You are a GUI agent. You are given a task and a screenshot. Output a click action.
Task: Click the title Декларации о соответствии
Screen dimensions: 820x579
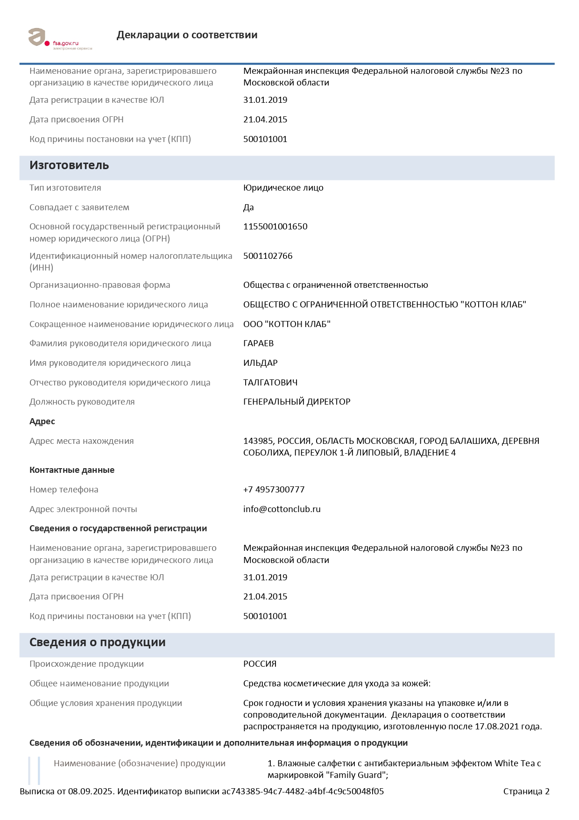(x=187, y=35)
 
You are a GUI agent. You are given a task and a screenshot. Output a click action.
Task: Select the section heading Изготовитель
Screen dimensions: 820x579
(x=69, y=165)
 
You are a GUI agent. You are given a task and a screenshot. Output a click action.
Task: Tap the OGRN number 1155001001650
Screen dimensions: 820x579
(x=275, y=227)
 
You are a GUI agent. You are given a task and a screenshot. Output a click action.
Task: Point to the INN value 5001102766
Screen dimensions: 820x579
(x=268, y=256)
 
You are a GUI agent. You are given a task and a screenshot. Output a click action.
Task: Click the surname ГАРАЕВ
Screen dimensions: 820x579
(x=258, y=343)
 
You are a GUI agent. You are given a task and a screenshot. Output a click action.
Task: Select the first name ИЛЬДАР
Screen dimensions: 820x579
(x=260, y=363)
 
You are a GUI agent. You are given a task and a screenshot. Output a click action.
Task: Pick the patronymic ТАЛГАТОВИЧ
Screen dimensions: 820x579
(x=270, y=383)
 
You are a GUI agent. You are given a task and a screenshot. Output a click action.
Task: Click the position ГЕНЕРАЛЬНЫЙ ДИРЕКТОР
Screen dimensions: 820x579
(x=297, y=402)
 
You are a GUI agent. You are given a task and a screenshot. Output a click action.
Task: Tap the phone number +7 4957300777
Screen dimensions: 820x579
(x=274, y=490)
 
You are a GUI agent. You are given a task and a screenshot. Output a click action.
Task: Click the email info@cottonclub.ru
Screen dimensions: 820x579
(x=282, y=509)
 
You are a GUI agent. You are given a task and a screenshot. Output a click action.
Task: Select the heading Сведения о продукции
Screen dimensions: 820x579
(x=97, y=642)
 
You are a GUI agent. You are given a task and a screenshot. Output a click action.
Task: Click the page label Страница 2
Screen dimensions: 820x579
(x=526, y=791)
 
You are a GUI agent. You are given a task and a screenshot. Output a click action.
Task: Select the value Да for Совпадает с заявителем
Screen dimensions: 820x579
(x=248, y=207)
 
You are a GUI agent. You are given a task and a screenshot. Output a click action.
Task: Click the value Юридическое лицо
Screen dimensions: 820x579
(x=283, y=188)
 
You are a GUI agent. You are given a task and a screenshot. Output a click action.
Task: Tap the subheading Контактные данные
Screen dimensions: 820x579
(x=72, y=470)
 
